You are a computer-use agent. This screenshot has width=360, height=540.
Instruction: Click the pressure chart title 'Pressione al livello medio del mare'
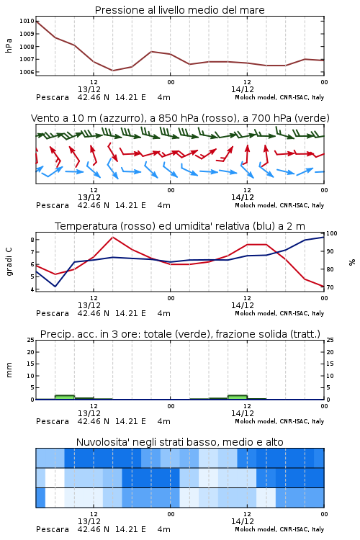point(180,10)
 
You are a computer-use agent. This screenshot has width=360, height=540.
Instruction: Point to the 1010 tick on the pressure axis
point(27,21)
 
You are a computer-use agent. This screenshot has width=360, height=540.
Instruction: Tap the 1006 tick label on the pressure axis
point(27,72)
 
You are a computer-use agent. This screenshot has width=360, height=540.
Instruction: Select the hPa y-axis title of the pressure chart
point(9,45)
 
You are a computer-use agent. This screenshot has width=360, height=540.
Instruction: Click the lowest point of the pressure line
point(112,71)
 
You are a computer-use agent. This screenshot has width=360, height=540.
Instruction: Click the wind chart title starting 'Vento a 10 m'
point(180,118)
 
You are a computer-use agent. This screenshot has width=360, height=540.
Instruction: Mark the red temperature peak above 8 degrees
point(112,237)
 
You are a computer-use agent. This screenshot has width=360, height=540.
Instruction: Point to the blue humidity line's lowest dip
point(55,286)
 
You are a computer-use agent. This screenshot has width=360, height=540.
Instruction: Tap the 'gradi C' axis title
point(9,261)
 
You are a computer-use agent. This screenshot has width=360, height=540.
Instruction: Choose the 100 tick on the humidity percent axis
point(332,233)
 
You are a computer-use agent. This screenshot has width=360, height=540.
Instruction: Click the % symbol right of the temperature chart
point(352,262)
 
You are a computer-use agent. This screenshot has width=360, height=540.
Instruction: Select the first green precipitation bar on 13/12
point(65,397)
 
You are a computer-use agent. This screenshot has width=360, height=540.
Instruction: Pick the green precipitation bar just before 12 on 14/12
point(238,397)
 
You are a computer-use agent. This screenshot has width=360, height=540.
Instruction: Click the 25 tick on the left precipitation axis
point(31,340)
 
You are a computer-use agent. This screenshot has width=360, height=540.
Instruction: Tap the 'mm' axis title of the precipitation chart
point(9,370)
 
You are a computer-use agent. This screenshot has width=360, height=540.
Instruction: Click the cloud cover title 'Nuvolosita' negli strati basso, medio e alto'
point(180,442)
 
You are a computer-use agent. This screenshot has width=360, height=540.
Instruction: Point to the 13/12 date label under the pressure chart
point(89,89)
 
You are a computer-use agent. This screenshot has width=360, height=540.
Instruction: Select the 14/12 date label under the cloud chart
point(243,521)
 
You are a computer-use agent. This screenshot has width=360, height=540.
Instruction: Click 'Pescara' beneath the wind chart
point(53,206)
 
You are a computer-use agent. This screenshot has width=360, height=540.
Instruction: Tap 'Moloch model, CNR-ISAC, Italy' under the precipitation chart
point(279,421)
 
